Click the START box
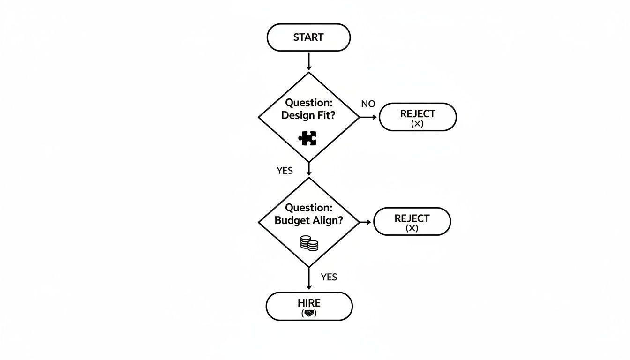click(308, 37)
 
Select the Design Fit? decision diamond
click(309, 117)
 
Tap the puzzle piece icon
click(307, 138)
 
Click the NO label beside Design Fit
click(368, 104)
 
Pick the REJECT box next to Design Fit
click(417, 117)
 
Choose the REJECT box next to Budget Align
click(412, 221)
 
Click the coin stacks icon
click(309, 243)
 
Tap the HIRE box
click(309, 306)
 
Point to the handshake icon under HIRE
click(309, 313)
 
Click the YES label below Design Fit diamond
click(285, 171)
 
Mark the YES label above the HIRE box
click(329, 277)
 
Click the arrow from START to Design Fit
click(309, 61)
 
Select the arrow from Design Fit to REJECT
click(368, 117)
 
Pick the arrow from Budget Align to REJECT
click(366, 222)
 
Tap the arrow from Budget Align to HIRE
click(309, 279)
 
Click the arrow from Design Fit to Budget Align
click(309, 169)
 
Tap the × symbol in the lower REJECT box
click(412, 228)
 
